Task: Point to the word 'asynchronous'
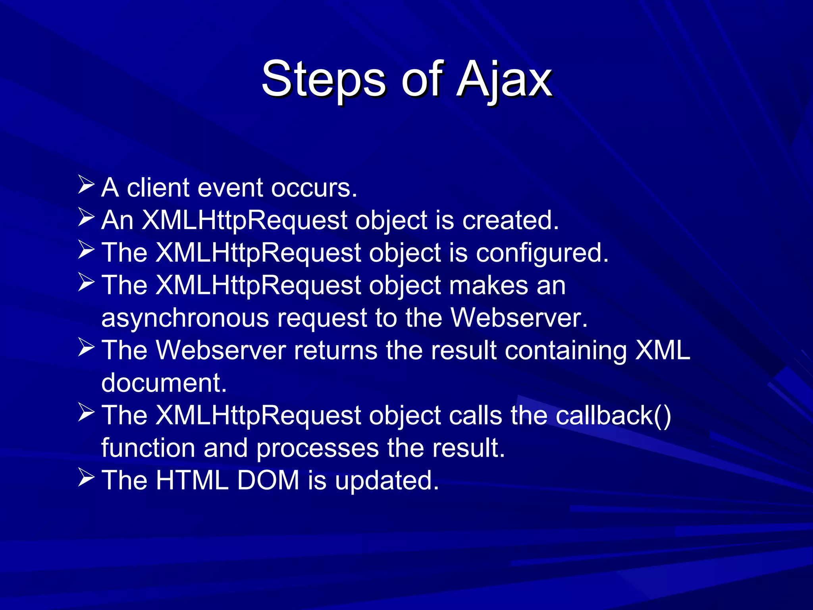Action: pos(185,319)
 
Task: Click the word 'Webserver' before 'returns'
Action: pos(221,351)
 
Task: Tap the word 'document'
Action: pos(164,383)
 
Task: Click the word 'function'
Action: pos(148,448)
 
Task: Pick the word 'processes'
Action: pos(317,449)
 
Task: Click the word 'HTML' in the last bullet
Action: pos(192,481)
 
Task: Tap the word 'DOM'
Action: pos(268,481)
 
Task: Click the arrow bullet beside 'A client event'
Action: pos(86,185)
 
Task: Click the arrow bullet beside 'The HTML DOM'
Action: pos(86,477)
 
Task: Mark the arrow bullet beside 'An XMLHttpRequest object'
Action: pos(86,217)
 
